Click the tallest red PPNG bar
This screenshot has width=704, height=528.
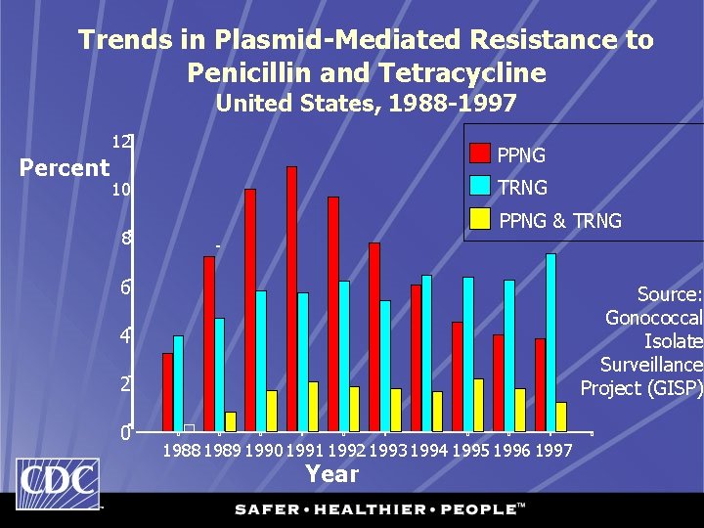291,298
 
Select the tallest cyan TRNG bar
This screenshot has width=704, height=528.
551,341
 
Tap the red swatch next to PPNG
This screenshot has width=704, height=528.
479,154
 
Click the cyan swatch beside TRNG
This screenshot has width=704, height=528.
479,186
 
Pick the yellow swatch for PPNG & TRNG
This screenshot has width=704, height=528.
479,219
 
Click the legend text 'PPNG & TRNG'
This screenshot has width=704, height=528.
559,221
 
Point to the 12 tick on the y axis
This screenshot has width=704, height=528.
122,143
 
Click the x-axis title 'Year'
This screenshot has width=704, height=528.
331,474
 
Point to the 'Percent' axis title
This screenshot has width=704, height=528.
65,168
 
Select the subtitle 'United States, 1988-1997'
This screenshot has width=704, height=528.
365,103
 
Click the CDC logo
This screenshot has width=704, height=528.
58,484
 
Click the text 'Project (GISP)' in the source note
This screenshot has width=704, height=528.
640,388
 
